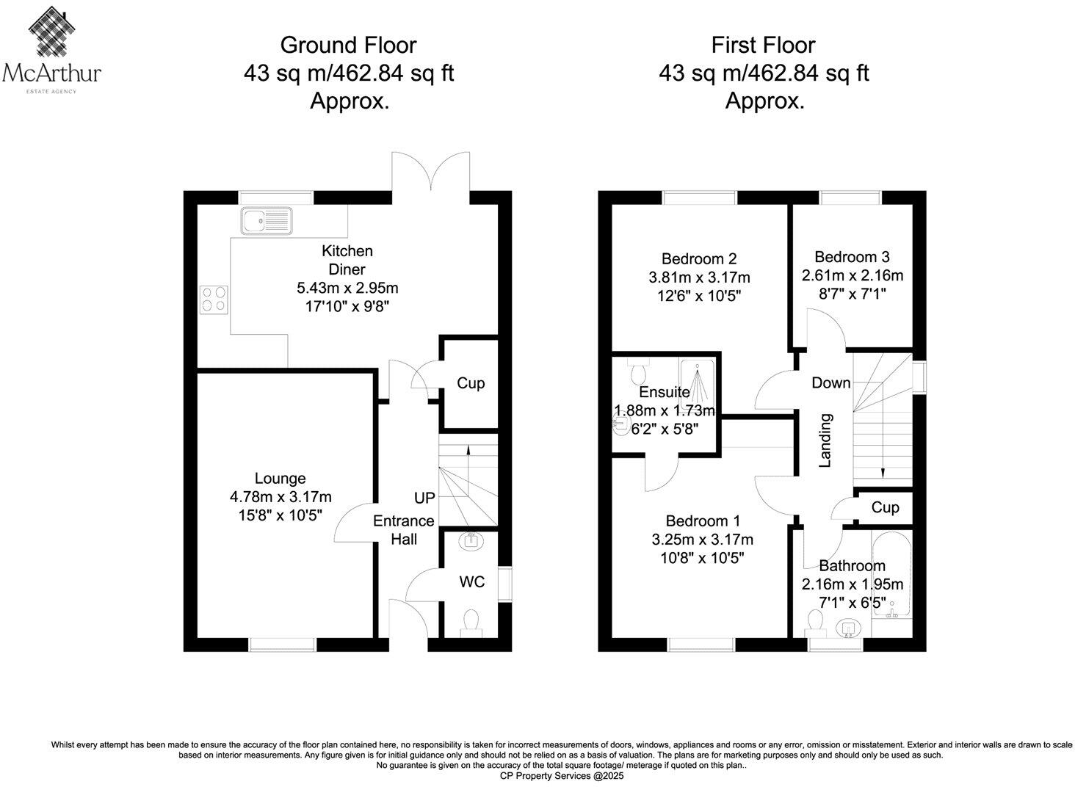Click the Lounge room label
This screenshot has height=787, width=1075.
(280, 479)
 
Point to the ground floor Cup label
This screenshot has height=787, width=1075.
(471, 383)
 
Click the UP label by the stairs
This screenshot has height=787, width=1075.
(424, 498)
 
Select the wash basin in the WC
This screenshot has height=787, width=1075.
(470, 542)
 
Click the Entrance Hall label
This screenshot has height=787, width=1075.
(404, 529)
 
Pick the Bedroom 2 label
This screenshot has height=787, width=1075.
(698, 258)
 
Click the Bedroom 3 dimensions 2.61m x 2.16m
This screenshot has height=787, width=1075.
(852, 276)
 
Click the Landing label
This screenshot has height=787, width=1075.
(825, 440)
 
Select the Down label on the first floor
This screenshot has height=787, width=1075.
(830, 382)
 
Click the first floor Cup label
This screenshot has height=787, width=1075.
(885, 508)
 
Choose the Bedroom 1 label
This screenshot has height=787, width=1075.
(702, 521)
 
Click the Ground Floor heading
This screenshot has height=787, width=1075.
(348, 46)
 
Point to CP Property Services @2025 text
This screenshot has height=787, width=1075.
(561, 775)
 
